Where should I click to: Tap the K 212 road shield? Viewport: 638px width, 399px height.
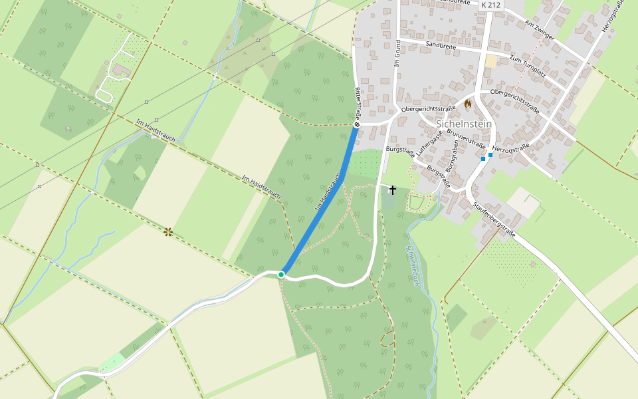pos(490,5)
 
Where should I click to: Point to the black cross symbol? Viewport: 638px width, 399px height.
pos(392,190)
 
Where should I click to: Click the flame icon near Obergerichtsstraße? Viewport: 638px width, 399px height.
pos(468,104)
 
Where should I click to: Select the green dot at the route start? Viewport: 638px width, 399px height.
pos(281,274)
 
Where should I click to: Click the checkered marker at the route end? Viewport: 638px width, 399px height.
pos(357,124)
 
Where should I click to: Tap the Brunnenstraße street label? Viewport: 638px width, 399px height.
pos(467,138)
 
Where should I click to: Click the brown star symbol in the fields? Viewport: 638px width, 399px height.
pos(168,231)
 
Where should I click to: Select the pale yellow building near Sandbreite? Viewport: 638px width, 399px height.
pos(491,61)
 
